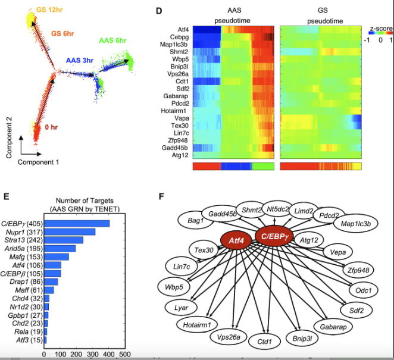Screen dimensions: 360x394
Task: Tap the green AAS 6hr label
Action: coord(114,40)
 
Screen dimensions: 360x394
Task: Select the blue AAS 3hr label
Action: coord(80,61)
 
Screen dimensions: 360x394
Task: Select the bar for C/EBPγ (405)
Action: coord(77,223)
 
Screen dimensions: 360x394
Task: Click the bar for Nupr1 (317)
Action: coord(70,231)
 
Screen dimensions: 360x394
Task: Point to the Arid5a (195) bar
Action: coord(60,248)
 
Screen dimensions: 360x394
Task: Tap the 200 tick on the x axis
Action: coord(76,353)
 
